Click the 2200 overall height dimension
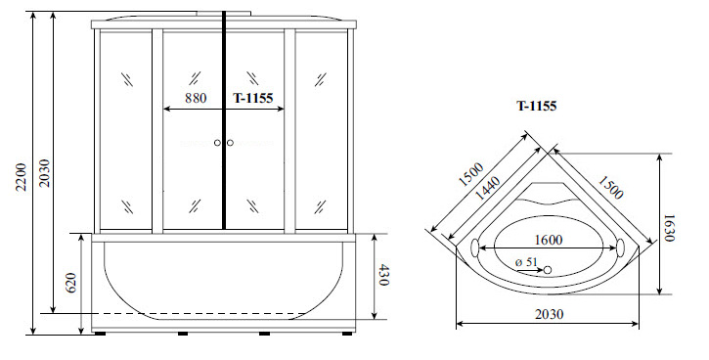pos(22,177)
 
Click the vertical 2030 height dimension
pos(44,173)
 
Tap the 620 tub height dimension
pos(71,283)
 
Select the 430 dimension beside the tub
pos(382,275)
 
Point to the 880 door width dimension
pos(196,98)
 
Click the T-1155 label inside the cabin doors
pos(253,98)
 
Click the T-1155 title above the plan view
pos(537,106)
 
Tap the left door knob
pos(217,143)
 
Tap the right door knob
pos(230,143)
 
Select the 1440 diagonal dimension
pos(488,188)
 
